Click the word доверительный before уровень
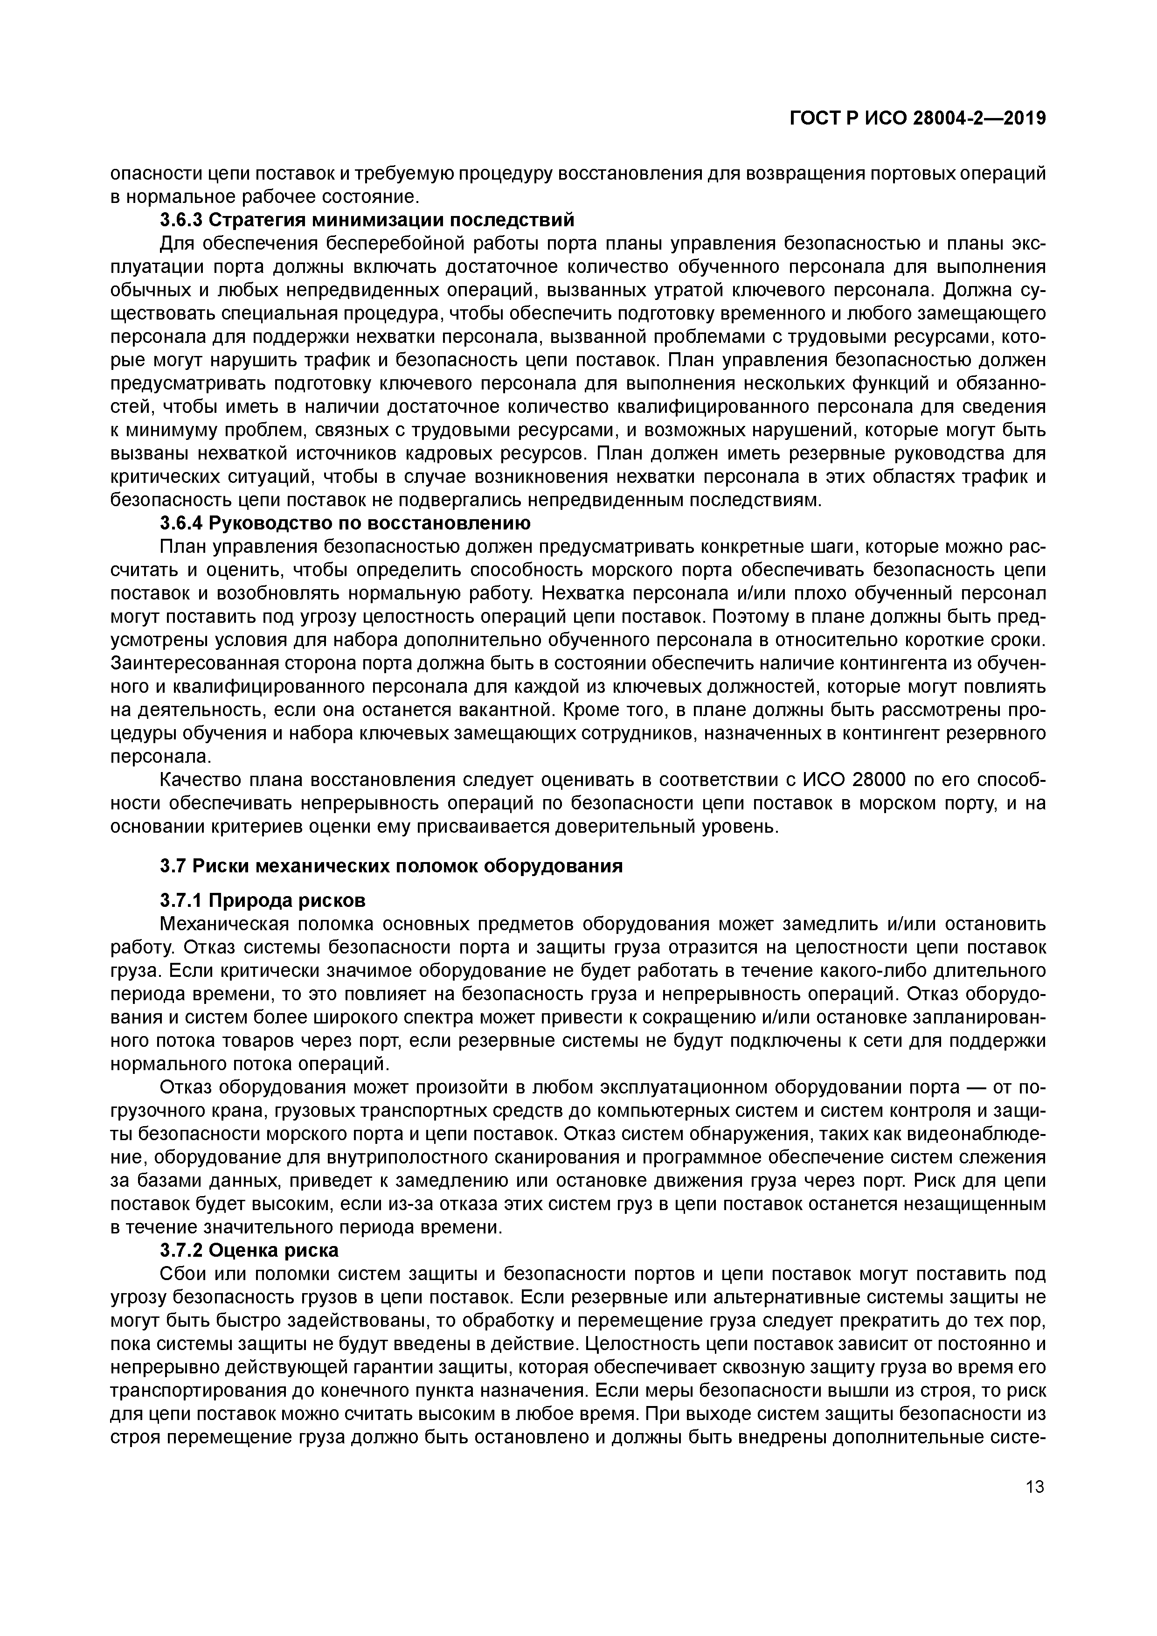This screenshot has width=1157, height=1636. pos(660,827)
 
